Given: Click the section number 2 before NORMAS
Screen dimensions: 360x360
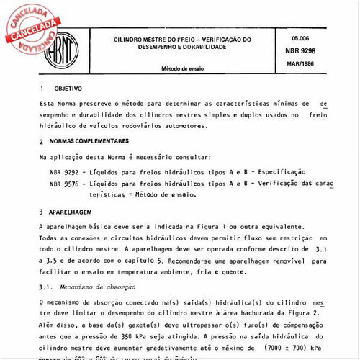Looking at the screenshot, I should tap(42, 142).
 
